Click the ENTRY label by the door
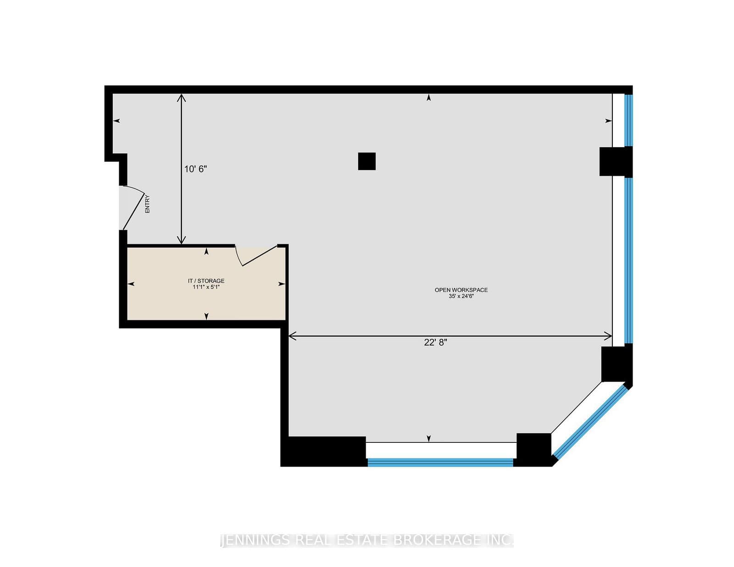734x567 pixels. (147, 204)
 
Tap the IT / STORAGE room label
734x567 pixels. (206, 281)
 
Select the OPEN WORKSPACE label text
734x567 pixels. (461, 290)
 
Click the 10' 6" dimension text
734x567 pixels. (195, 169)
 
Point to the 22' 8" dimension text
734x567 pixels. (435, 342)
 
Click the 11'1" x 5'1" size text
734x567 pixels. (206, 287)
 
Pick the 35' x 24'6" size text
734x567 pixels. (461, 296)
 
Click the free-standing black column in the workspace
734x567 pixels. (367, 161)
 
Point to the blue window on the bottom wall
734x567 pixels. (440, 462)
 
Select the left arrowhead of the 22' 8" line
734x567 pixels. (292, 336)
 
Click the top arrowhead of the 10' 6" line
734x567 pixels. (181, 98)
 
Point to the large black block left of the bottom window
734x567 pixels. (323, 451)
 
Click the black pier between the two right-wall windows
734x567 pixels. (616, 161)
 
